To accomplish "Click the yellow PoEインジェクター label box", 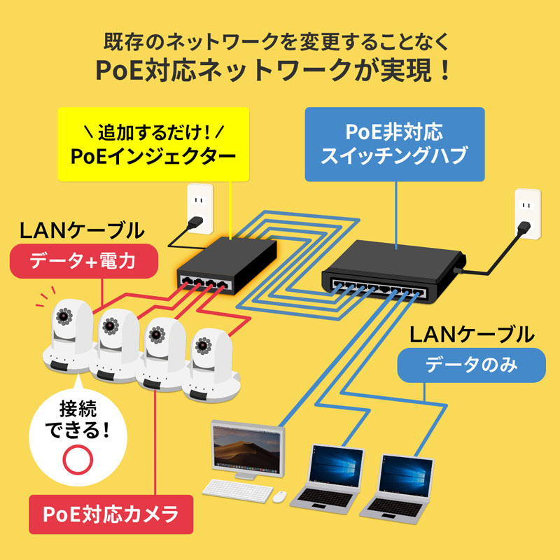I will pyautogui.click(x=153, y=144).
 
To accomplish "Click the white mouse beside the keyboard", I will pyautogui.click(x=279, y=496).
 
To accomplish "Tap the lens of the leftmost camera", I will pyautogui.click(x=63, y=314).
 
